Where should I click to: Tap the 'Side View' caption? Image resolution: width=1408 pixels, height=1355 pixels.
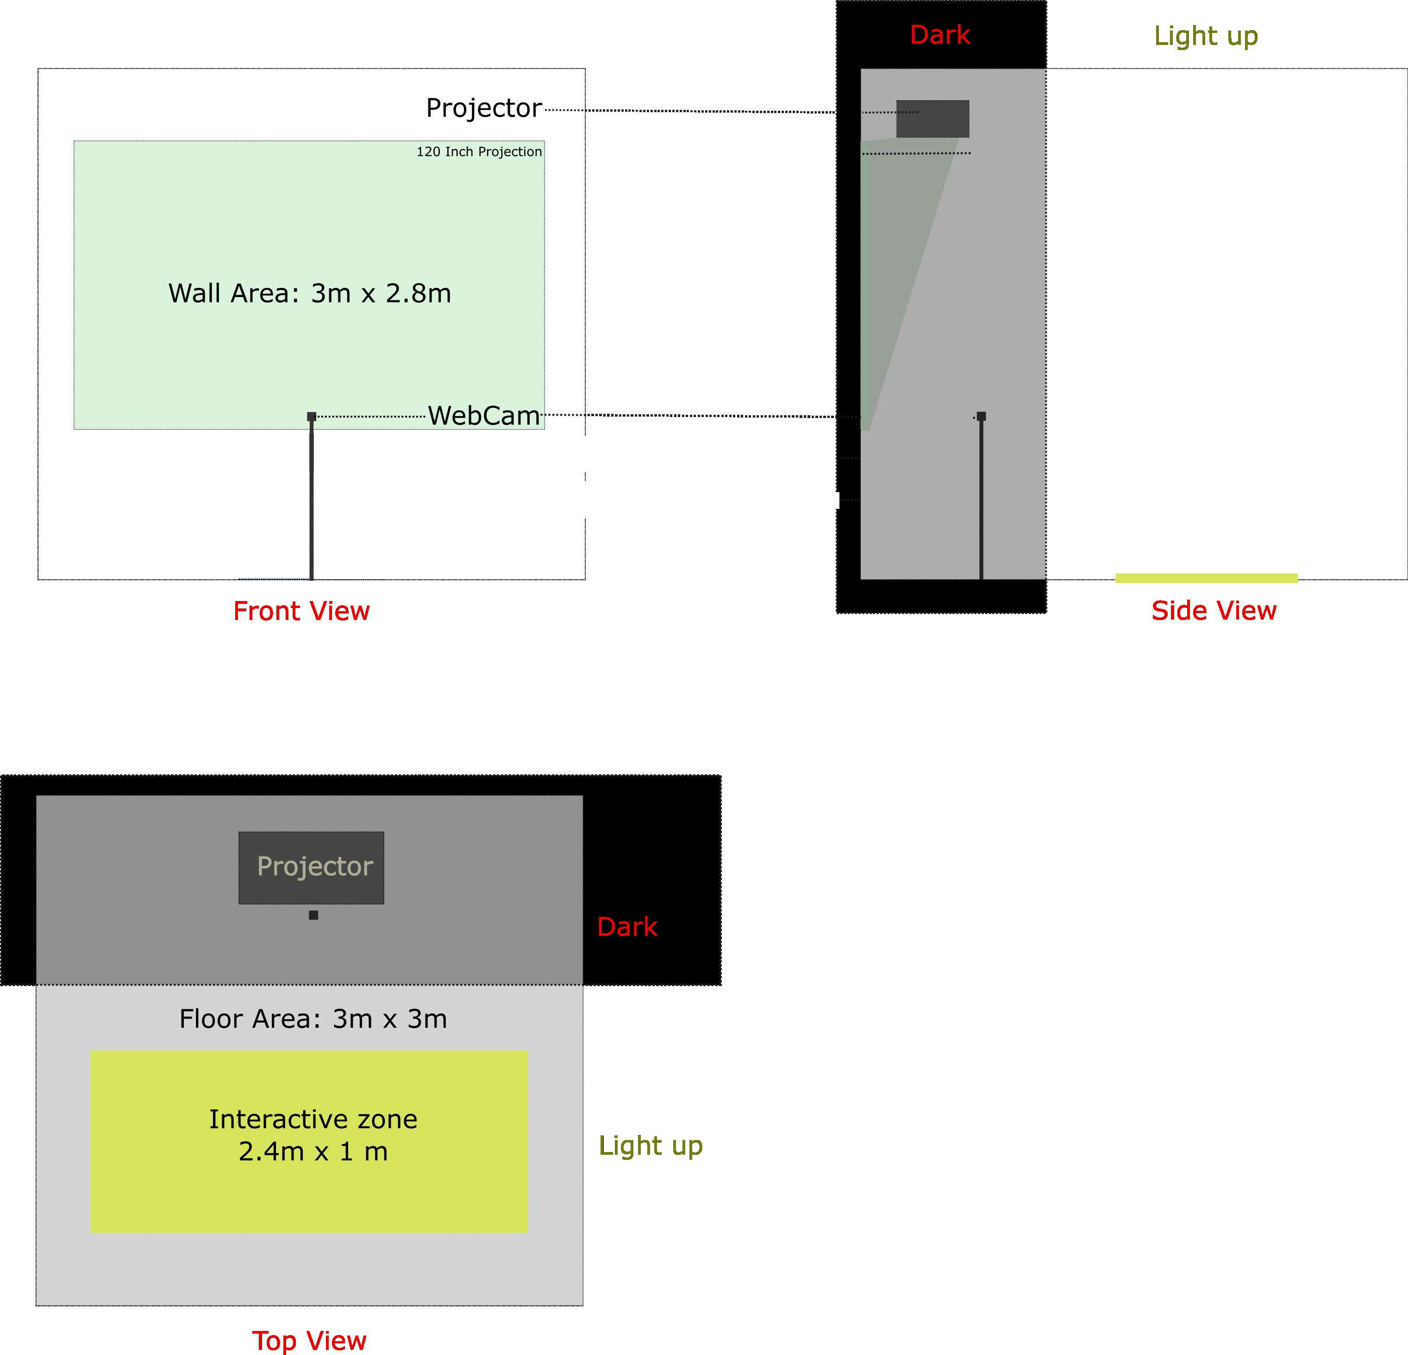tap(1214, 610)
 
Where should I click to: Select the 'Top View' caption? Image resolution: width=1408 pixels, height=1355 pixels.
tap(309, 1341)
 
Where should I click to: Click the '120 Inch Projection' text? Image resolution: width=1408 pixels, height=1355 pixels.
tap(479, 152)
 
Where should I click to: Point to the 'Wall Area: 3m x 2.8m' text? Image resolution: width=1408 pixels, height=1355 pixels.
tap(310, 293)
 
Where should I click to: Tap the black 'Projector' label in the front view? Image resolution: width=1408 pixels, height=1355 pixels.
tap(483, 108)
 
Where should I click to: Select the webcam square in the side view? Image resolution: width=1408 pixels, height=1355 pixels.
tap(981, 416)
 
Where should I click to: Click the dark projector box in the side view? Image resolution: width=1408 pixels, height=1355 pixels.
tap(932, 119)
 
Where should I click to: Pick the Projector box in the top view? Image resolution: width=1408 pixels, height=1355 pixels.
tap(311, 867)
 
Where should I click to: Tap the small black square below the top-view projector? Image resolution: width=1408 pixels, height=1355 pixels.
tap(313, 915)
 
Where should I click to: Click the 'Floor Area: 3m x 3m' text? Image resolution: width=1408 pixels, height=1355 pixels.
tap(313, 1019)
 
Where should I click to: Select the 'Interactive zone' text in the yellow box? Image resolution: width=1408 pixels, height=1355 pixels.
tap(313, 1119)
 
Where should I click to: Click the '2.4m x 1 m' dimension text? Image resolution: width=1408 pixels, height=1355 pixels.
tap(313, 1152)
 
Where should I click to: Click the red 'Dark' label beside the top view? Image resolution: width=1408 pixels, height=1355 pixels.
tap(627, 926)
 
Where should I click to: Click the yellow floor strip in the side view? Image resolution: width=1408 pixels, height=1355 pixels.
tap(1206, 578)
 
